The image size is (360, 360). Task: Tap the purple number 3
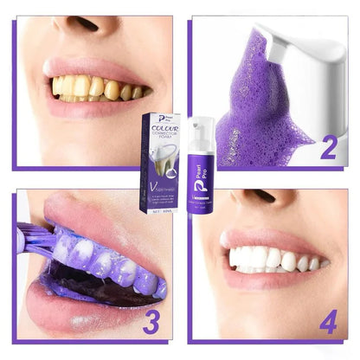151,322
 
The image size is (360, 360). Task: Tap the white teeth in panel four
268,257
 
